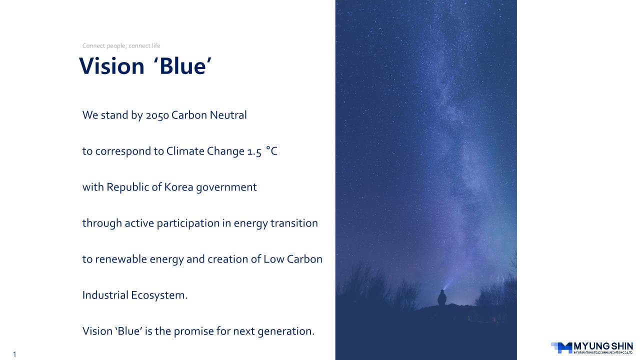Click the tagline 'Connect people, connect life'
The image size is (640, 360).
click(x=121, y=45)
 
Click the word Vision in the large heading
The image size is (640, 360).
click(x=111, y=66)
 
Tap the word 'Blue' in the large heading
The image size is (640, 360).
click(x=182, y=66)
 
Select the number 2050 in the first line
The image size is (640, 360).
click(x=157, y=115)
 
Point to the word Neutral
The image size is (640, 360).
click(x=228, y=115)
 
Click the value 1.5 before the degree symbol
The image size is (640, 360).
click(x=254, y=151)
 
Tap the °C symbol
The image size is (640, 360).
click(x=271, y=151)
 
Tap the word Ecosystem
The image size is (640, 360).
click(x=159, y=295)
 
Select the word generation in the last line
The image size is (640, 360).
click(x=286, y=331)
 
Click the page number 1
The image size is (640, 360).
click(x=14, y=354)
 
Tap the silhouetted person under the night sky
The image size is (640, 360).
click(x=442, y=297)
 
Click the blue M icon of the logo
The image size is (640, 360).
click(x=561, y=347)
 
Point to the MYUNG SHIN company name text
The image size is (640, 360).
click(x=603, y=346)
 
